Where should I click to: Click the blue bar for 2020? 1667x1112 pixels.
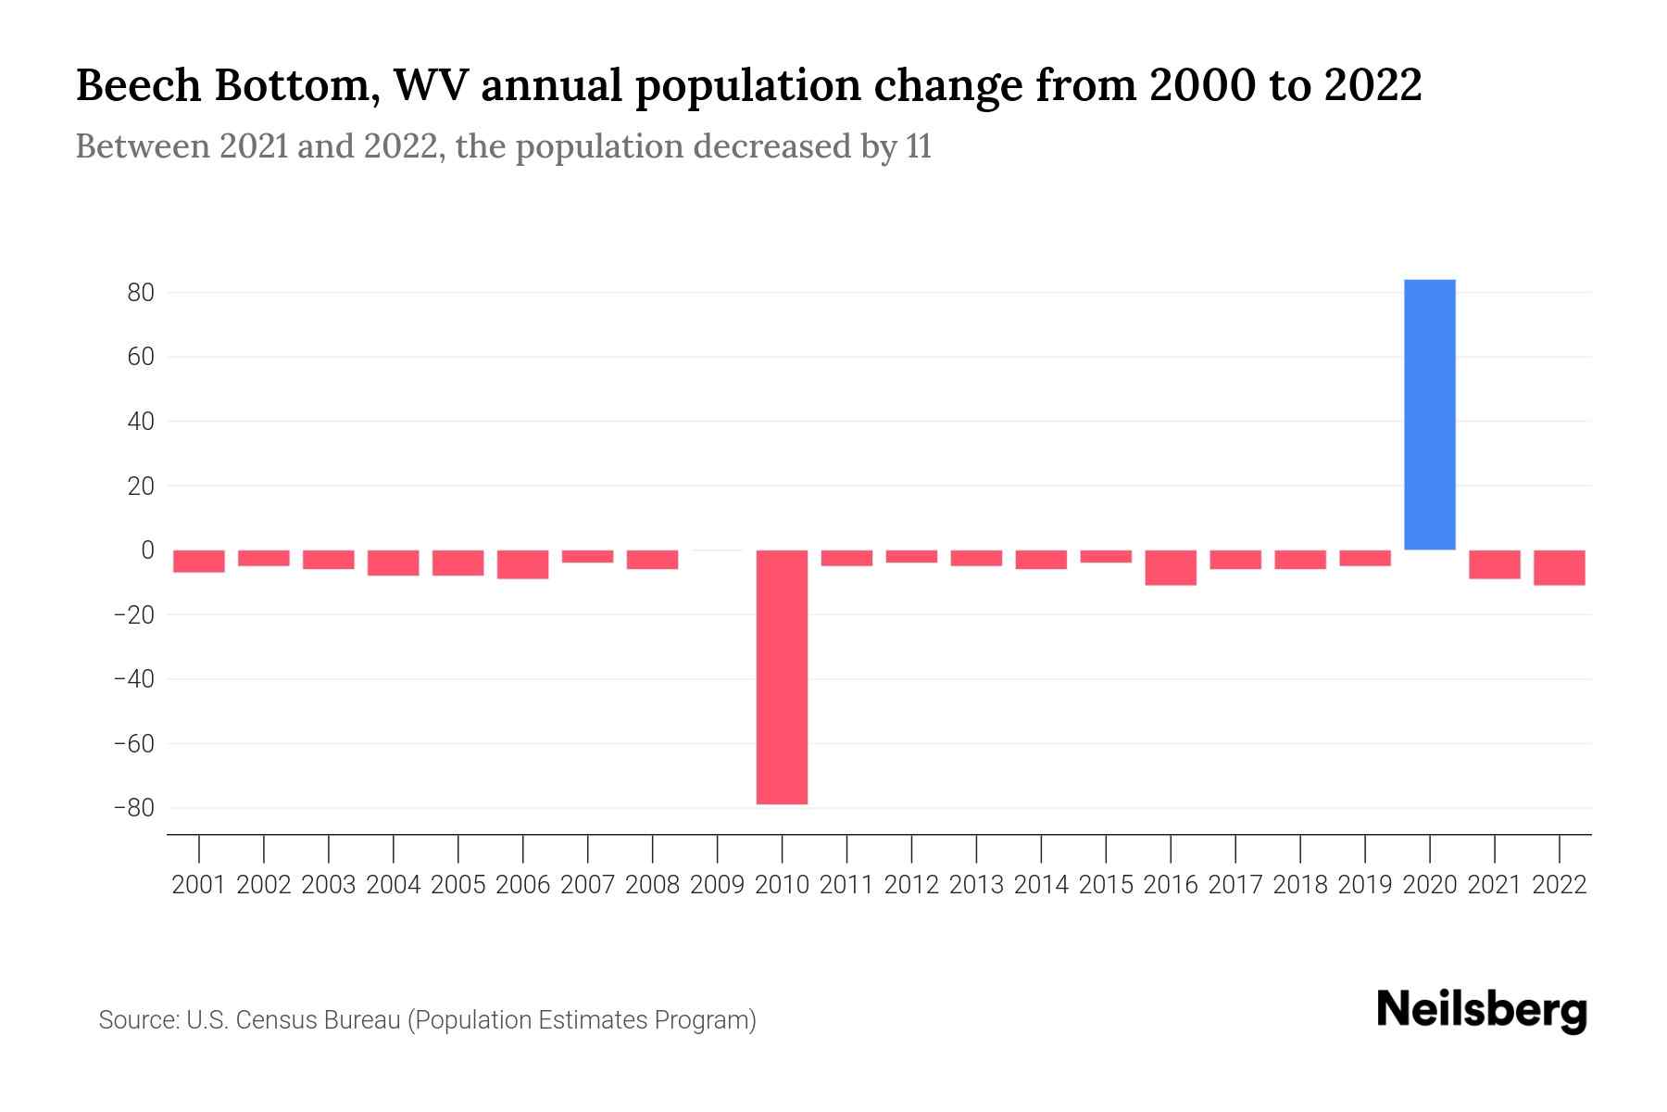point(1429,414)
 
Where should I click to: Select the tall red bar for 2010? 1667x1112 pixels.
point(782,676)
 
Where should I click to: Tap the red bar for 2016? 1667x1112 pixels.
point(1171,567)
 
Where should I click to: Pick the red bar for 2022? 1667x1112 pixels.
point(1560,567)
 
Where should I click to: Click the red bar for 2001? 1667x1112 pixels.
point(199,561)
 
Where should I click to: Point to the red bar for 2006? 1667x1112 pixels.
point(523,564)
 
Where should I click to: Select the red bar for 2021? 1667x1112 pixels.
point(1495,564)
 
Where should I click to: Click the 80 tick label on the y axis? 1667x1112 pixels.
point(141,293)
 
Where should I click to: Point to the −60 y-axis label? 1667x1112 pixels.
point(133,744)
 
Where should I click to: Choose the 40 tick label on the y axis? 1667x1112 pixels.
point(141,422)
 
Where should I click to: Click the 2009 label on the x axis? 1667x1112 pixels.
point(718,885)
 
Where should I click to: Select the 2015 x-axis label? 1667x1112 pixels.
point(1106,885)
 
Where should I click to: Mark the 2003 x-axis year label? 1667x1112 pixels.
point(329,885)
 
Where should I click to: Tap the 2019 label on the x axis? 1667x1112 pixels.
point(1365,885)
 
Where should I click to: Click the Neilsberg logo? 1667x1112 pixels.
point(1482,1010)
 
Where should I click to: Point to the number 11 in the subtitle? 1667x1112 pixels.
point(919,147)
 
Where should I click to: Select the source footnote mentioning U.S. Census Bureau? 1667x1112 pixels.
point(427,1020)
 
